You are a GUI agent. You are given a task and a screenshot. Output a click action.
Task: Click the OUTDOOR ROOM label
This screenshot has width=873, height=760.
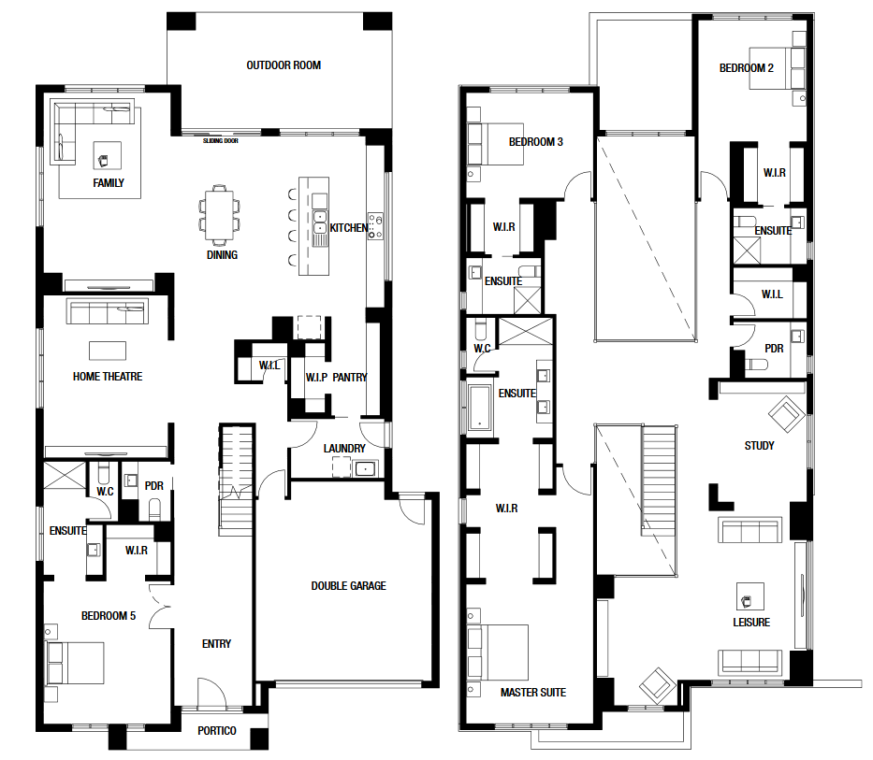[x=284, y=65]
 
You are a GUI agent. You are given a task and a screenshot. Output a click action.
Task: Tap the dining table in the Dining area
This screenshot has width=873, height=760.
[x=219, y=215]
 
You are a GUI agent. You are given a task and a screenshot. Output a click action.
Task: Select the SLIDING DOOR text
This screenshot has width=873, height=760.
[x=221, y=141]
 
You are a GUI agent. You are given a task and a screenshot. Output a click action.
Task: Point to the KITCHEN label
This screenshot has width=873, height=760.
[x=348, y=227]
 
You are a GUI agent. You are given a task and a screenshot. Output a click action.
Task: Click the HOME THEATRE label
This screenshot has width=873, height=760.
[x=108, y=376]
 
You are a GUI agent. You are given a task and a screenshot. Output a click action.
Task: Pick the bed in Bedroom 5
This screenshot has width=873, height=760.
[x=75, y=663]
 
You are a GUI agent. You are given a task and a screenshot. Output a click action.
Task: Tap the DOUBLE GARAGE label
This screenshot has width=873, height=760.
[x=348, y=585]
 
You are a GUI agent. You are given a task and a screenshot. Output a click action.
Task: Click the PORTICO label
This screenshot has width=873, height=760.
[x=216, y=730]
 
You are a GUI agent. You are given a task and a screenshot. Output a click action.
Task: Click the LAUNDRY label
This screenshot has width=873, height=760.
[x=344, y=448]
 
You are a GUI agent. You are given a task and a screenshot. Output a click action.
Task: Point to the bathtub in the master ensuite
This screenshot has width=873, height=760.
[x=480, y=408]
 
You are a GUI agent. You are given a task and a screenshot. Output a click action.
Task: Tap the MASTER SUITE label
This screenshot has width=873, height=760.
[x=532, y=692]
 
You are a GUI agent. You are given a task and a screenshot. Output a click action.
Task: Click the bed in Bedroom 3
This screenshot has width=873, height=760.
[x=496, y=144]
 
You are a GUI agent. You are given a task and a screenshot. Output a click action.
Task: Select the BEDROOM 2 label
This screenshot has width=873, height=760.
[x=746, y=68]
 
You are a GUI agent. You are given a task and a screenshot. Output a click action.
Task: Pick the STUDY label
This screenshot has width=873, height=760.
[x=759, y=445]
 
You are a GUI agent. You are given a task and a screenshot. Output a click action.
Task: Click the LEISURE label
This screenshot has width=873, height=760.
[x=751, y=622]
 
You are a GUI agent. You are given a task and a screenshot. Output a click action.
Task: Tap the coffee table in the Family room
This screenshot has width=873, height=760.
[x=108, y=155]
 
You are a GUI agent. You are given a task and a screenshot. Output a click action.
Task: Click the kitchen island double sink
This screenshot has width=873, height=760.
[x=320, y=222]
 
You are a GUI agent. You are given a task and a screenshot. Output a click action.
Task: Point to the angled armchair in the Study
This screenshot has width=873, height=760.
[x=786, y=414]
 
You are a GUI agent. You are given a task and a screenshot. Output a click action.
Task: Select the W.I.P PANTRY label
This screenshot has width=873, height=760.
[x=336, y=378]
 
